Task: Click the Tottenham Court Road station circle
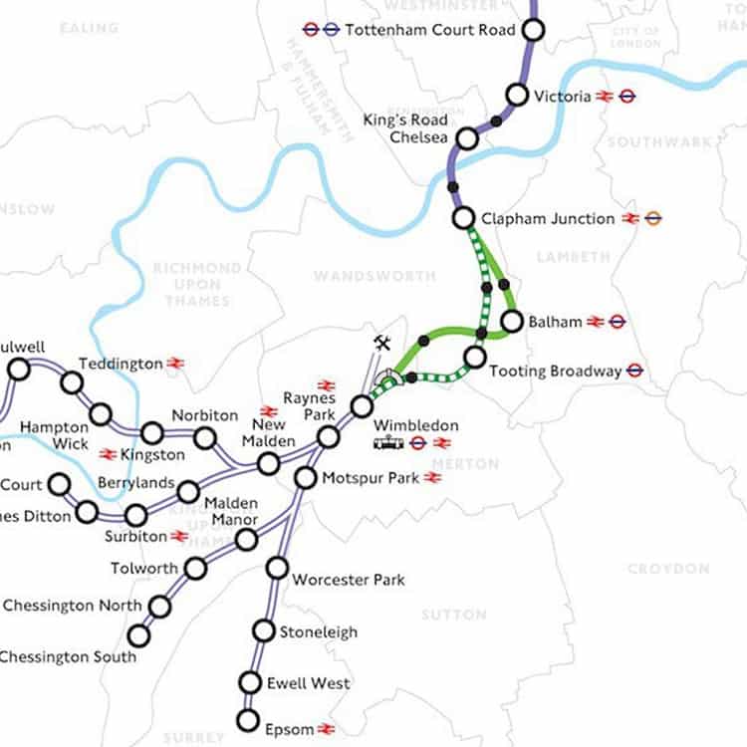coord(533,30)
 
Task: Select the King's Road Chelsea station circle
coord(466,138)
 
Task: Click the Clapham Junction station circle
coord(463,217)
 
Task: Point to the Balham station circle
coord(512,321)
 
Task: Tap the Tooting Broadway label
coord(556,372)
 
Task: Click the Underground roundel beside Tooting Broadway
coord(634,372)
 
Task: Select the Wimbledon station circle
coord(363,406)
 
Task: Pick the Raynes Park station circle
coord(329,437)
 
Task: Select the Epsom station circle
coord(247,720)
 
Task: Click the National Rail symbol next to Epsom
coord(326,729)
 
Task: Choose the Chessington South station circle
coord(138,635)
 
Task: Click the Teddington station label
coord(121,364)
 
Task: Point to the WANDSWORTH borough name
coord(361,275)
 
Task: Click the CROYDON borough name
coord(668,569)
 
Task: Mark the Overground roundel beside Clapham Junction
coord(653,218)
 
